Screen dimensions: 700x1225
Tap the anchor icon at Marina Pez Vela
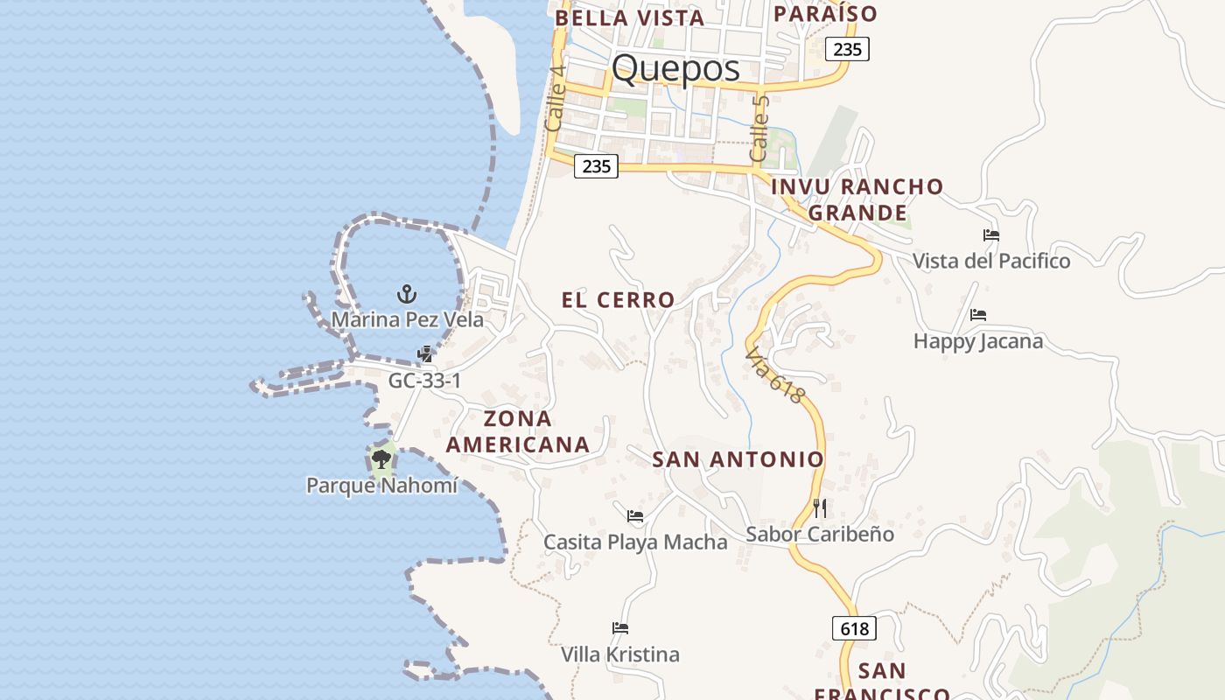tap(406, 293)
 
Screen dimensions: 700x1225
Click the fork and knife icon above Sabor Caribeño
tap(820, 507)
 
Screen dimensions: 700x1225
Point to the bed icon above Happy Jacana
tap(978, 315)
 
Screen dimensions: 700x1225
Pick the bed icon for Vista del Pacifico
tap(991, 235)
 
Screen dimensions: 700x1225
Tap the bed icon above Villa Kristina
tap(620, 628)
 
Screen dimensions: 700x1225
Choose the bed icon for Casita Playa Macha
tap(635, 516)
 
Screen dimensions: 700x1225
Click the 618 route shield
tap(854, 628)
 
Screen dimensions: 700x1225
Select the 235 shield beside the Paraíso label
tap(847, 49)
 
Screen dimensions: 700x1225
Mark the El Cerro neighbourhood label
tap(618, 300)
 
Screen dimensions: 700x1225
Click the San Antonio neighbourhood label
tap(738, 459)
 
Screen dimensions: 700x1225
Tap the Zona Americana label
tap(517, 431)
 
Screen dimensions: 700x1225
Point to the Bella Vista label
tap(629, 18)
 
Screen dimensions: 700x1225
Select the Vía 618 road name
tap(774, 375)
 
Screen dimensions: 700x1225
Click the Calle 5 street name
tap(759, 129)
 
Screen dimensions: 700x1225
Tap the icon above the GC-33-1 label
tap(425, 354)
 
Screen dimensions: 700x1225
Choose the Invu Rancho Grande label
tap(857, 199)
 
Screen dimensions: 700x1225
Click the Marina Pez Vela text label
tap(407, 320)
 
